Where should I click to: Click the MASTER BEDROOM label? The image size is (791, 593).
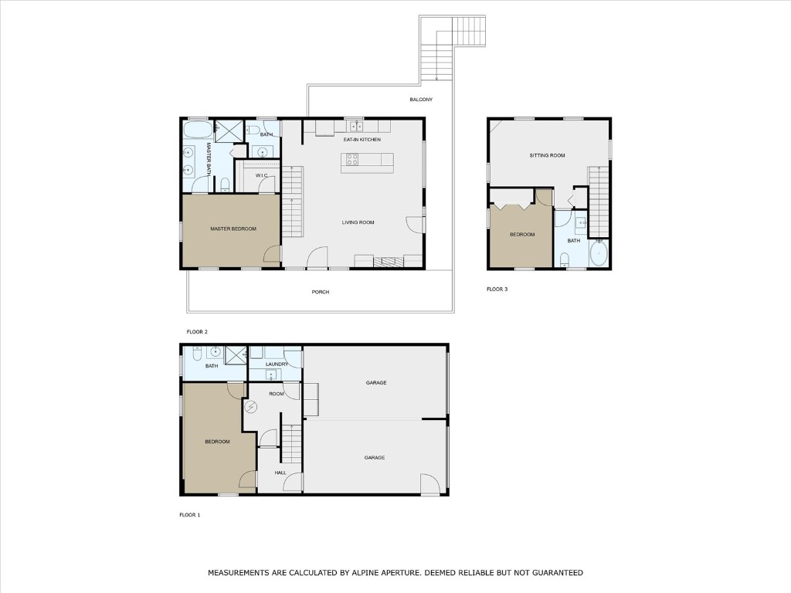[233, 229]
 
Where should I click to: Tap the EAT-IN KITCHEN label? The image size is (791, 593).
[362, 139]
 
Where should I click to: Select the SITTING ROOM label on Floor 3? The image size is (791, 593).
[547, 155]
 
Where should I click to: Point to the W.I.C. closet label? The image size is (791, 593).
[261, 176]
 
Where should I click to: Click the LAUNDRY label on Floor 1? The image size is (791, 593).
[277, 364]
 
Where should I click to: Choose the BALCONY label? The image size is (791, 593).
[421, 100]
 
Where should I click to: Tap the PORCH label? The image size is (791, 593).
[320, 292]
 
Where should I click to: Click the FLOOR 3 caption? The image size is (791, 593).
[497, 289]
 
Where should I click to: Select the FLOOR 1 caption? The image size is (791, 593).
[189, 514]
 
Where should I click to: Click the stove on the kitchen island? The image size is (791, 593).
[351, 160]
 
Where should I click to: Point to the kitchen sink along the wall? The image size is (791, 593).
[355, 126]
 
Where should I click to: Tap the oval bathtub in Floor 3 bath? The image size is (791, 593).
[598, 252]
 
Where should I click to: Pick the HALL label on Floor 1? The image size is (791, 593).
[280, 473]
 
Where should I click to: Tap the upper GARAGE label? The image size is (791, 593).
[375, 383]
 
